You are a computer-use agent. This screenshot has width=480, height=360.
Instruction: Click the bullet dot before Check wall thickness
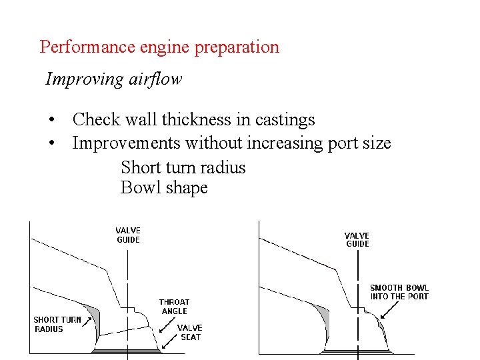point(51,121)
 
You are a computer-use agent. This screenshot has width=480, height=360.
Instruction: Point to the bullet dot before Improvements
point(51,144)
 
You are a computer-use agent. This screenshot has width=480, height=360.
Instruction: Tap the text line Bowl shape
point(164,188)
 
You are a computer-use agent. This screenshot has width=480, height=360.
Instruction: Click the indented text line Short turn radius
point(183,167)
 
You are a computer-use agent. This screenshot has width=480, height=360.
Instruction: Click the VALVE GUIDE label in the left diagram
point(128,235)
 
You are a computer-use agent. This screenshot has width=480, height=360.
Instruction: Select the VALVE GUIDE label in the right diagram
point(357,239)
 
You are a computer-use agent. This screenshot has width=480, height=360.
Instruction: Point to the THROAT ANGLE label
point(174,307)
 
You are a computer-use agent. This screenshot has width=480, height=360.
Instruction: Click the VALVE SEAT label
point(189,332)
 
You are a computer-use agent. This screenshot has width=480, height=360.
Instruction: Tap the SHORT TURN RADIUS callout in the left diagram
point(57,324)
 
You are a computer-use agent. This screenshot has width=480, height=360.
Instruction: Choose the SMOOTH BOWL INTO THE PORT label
point(399,292)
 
